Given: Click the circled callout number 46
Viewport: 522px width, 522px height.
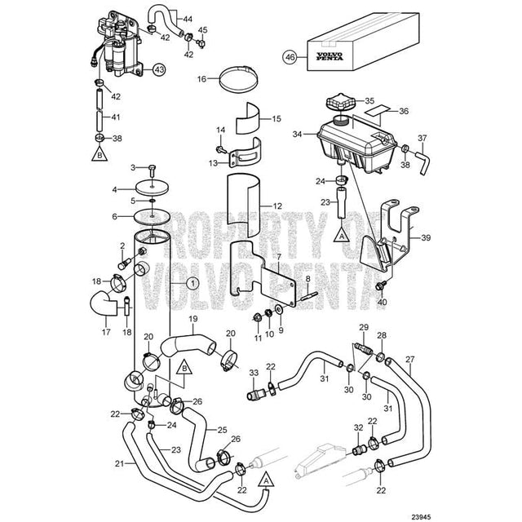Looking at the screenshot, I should click(289, 57).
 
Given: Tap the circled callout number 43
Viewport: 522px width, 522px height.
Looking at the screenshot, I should click(157, 69).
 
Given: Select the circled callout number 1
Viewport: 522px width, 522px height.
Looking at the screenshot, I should click(192, 284).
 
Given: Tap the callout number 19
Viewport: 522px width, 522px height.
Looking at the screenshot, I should click(193, 319).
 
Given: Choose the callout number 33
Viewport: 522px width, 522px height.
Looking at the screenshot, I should click(254, 373).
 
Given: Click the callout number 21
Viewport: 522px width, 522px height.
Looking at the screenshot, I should click(119, 465).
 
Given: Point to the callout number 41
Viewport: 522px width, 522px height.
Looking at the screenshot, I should click(116, 117).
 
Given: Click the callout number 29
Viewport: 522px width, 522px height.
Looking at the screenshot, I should click(363, 328).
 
